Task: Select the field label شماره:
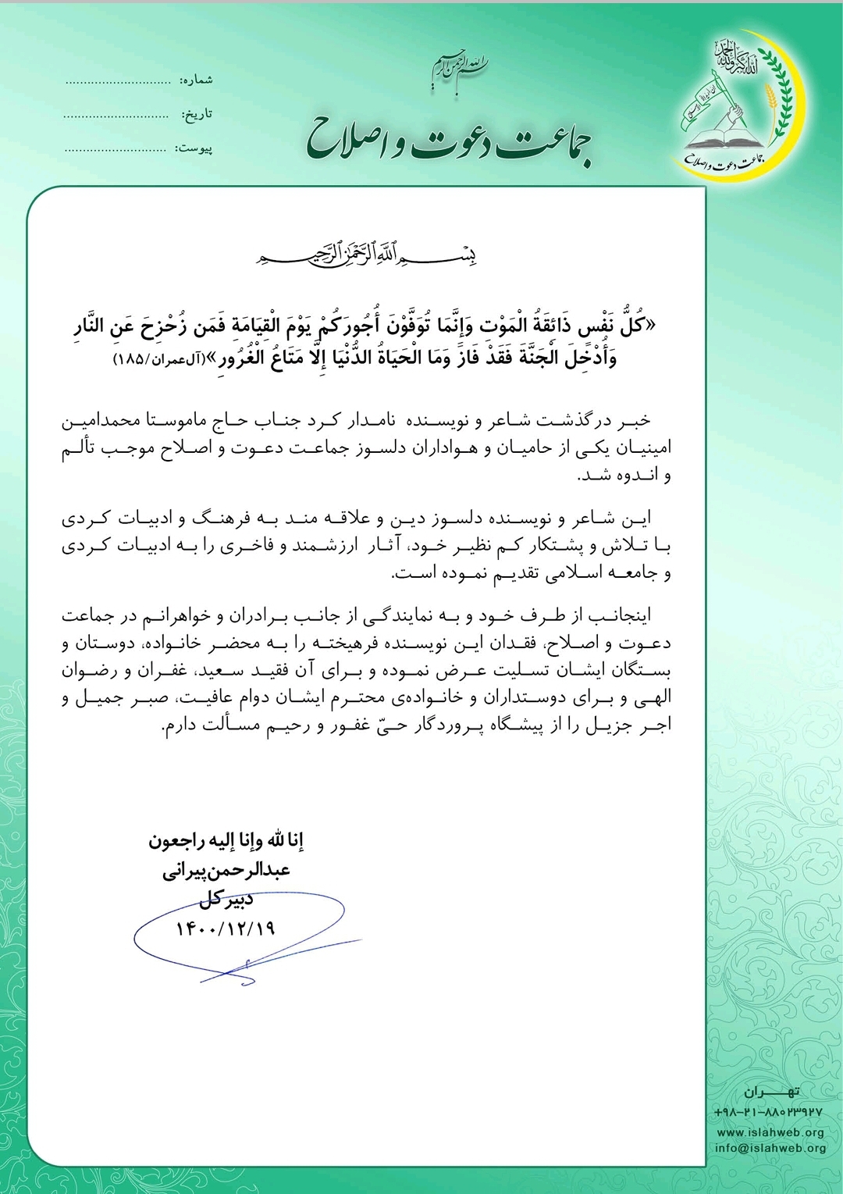pyautogui.click(x=196, y=80)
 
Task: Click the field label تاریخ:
pyautogui.click(x=197, y=114)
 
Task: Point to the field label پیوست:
pyautogui.click(x=194, y=148)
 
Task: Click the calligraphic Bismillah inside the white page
pyautogui.click(x=366, y=254)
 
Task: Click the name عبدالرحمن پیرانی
pyautogui.click(x=226, y=871)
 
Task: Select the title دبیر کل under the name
pyautogui.click(x=226, y=899)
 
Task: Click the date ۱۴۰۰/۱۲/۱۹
pyautogui.click(x=226, y=928)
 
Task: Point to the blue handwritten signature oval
pyautogui.click(x=238, y=937)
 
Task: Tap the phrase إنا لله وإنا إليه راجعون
pyautogui.click(x=226, y=841)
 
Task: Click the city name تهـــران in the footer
pyautogui.click(x=770, y=1092)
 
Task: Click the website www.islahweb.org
pyautogui.click(x=770, y=1132)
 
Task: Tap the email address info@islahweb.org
pyautogui.click(x=770, y=1148)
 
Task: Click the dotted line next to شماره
pyautogui.click(x=117, y=80)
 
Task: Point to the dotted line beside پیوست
pyautogui.click(x=115, y=148)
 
